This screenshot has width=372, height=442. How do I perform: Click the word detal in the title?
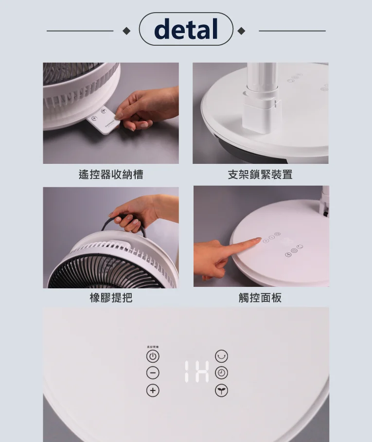[x=186, y=29]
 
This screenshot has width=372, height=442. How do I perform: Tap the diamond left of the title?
[x=126, y=31]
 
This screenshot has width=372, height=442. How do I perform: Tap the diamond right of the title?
[x=241, y=31]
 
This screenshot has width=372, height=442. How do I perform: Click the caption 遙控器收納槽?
[x=111, y=175]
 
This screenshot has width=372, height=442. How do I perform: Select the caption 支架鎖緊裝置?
[x=260, y=175]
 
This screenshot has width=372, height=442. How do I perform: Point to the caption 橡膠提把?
[x=111, y=298]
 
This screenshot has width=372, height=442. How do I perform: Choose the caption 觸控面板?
[x=260, y=298]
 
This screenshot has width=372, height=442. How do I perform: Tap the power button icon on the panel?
[x=153, y=356]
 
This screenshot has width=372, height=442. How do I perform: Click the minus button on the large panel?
[x=153, y=373]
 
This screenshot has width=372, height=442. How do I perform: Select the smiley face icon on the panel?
[x=222, y=356]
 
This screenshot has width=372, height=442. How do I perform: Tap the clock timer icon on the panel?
[x=222, y=373]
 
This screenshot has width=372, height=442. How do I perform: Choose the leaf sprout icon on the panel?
[x=222, y=390]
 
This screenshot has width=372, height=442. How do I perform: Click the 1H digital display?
[x=196, y=371]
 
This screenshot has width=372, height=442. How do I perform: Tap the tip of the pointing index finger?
[x=258, y=240]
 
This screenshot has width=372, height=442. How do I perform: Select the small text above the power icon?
[x=153, y=347]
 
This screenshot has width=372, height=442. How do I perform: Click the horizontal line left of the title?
[x=80, y=31]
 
